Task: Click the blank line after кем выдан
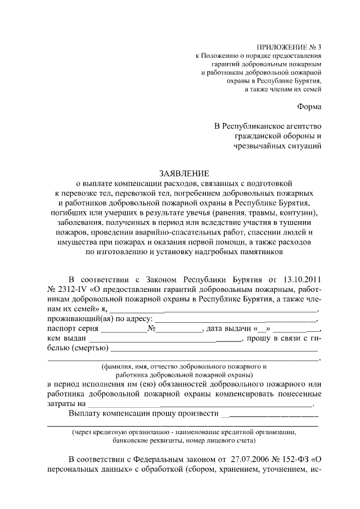pos(163,340)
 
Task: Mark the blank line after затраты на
pos(200,404)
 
